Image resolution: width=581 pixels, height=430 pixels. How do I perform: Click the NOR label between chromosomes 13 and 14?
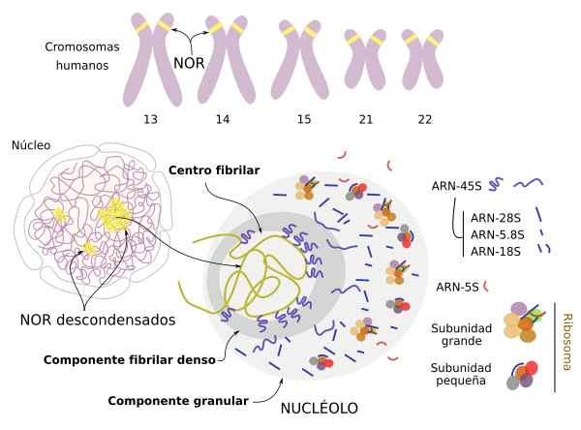(189, 63)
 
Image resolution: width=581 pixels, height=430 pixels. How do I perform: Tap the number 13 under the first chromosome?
(150, 119)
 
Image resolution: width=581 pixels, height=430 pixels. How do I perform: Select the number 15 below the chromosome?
(304, 119)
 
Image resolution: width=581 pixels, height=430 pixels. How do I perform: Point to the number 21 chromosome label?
(366, 119)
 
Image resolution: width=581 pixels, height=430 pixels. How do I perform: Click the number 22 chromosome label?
(425, 119)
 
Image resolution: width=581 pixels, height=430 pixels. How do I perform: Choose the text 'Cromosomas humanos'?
(82, 56)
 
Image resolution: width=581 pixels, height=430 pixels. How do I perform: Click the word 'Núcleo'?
(31, 145)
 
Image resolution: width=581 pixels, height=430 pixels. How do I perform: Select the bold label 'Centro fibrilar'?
(214, 170)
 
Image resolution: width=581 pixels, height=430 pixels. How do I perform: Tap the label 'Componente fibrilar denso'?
(130, 359)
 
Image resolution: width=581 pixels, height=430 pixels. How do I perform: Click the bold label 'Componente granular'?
(178, 401)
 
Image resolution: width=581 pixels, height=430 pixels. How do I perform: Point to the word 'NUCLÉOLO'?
(319, 408)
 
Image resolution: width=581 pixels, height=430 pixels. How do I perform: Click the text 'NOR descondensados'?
(98, 320)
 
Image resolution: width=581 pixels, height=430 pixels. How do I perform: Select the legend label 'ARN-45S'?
(456, 186)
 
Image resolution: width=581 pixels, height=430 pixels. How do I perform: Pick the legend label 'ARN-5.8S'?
(498, 234)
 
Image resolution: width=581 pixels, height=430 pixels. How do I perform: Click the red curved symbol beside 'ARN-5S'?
(486, 286)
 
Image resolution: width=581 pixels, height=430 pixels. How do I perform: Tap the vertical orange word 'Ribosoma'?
(567, 342)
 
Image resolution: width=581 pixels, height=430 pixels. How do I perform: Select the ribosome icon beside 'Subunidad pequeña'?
(522, 375)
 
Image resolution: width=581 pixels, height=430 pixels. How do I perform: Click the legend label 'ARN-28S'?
(496, 218)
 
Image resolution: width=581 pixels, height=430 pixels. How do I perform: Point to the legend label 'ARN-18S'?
(496, 252)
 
